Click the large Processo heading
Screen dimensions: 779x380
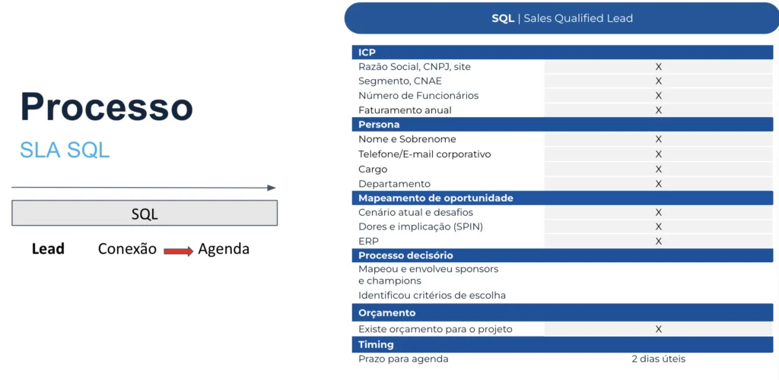107,107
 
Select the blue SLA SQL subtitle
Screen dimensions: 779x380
65,150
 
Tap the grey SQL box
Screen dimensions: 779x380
145,214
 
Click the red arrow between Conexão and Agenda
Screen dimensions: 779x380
178,252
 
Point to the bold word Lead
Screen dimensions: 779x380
48,249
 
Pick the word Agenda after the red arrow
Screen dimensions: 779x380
224,249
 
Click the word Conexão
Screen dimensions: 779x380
127,249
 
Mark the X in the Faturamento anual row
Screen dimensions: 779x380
659,110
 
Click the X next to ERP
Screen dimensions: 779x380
659,241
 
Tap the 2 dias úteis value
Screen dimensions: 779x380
659,359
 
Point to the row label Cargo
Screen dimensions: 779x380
373,169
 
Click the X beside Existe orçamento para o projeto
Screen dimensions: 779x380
659,329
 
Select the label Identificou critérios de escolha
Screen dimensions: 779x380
432,295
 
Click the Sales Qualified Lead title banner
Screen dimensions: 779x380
562,18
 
